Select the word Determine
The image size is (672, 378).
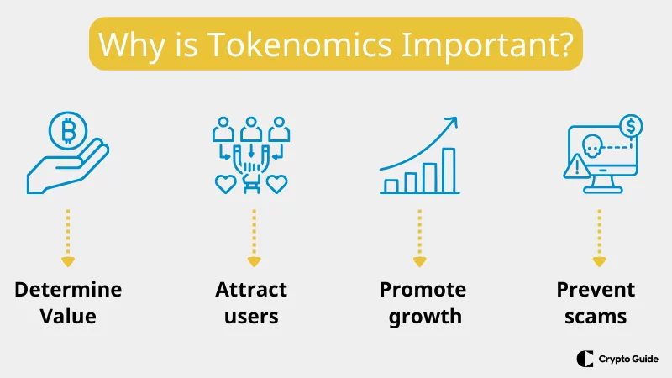click(x=68, y=290)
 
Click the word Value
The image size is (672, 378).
click(x=68, y=317)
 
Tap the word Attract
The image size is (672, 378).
click(x=251, y=290)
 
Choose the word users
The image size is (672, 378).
click(x=251, y=317)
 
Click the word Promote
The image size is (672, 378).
click(x=423, y=290)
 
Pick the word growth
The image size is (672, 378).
click(x=423, y=317)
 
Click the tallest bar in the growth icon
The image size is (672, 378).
click(x=449, y=171)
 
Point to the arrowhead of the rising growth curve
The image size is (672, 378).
click(x=454, y=122)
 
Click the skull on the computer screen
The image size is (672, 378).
click(x=588, y=148)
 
